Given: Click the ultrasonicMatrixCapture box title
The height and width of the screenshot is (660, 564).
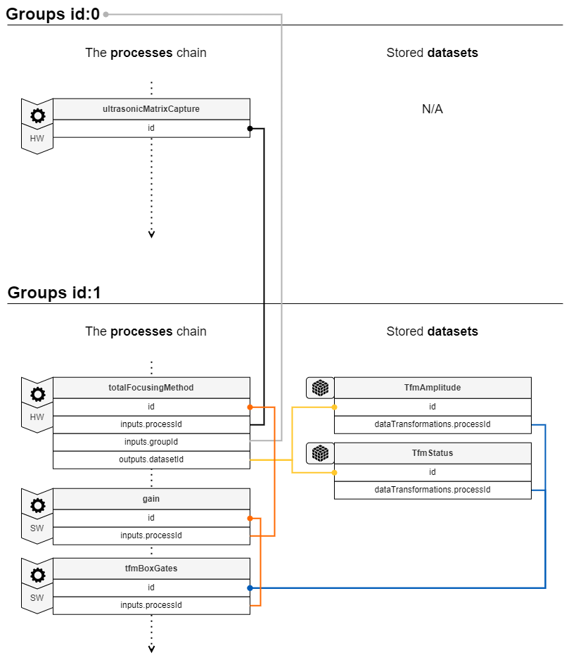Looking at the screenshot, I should (x=151, y=109).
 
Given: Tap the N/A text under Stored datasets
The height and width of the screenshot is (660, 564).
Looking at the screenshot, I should (x=432, y=109).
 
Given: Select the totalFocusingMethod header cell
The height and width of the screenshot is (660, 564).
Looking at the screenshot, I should (x=151, y=388).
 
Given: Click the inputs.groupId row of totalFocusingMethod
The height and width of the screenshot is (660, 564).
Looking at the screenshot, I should (x=151, y=442).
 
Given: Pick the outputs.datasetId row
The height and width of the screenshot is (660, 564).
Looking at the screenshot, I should (x=151, y=459).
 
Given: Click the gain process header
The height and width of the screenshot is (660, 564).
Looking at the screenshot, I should (x=151, y=499).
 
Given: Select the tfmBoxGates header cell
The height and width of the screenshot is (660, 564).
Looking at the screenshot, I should (x=151, y=569).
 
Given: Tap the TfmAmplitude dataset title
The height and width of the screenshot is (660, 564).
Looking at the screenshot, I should (x=432, y=388).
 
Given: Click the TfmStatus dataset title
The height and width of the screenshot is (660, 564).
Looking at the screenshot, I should (x=432, y=453).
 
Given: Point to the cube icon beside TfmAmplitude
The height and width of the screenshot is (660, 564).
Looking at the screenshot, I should (x=320, y=388).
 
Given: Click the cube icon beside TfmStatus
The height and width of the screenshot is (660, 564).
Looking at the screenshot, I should (x=320, y=453).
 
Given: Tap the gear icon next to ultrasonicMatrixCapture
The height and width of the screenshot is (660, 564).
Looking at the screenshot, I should (x=37, y=116).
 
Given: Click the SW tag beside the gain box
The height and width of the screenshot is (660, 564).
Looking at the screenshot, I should (x=37, y=528).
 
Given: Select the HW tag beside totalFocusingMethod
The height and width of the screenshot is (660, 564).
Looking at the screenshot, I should (x=37, y=417).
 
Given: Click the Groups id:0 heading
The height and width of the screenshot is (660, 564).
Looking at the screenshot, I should (x=53, y=13).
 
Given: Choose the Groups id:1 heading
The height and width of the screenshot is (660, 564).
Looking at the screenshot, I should (x=54, y=293).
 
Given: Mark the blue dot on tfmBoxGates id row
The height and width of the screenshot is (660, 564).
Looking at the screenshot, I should (x=250, y=588).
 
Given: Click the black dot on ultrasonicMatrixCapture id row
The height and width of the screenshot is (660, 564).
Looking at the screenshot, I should (x=250, y=128).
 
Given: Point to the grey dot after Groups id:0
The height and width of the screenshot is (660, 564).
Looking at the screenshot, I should (x=106, y=14).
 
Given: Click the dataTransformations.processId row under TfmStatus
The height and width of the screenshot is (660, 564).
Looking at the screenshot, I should (x=432, y=490).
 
